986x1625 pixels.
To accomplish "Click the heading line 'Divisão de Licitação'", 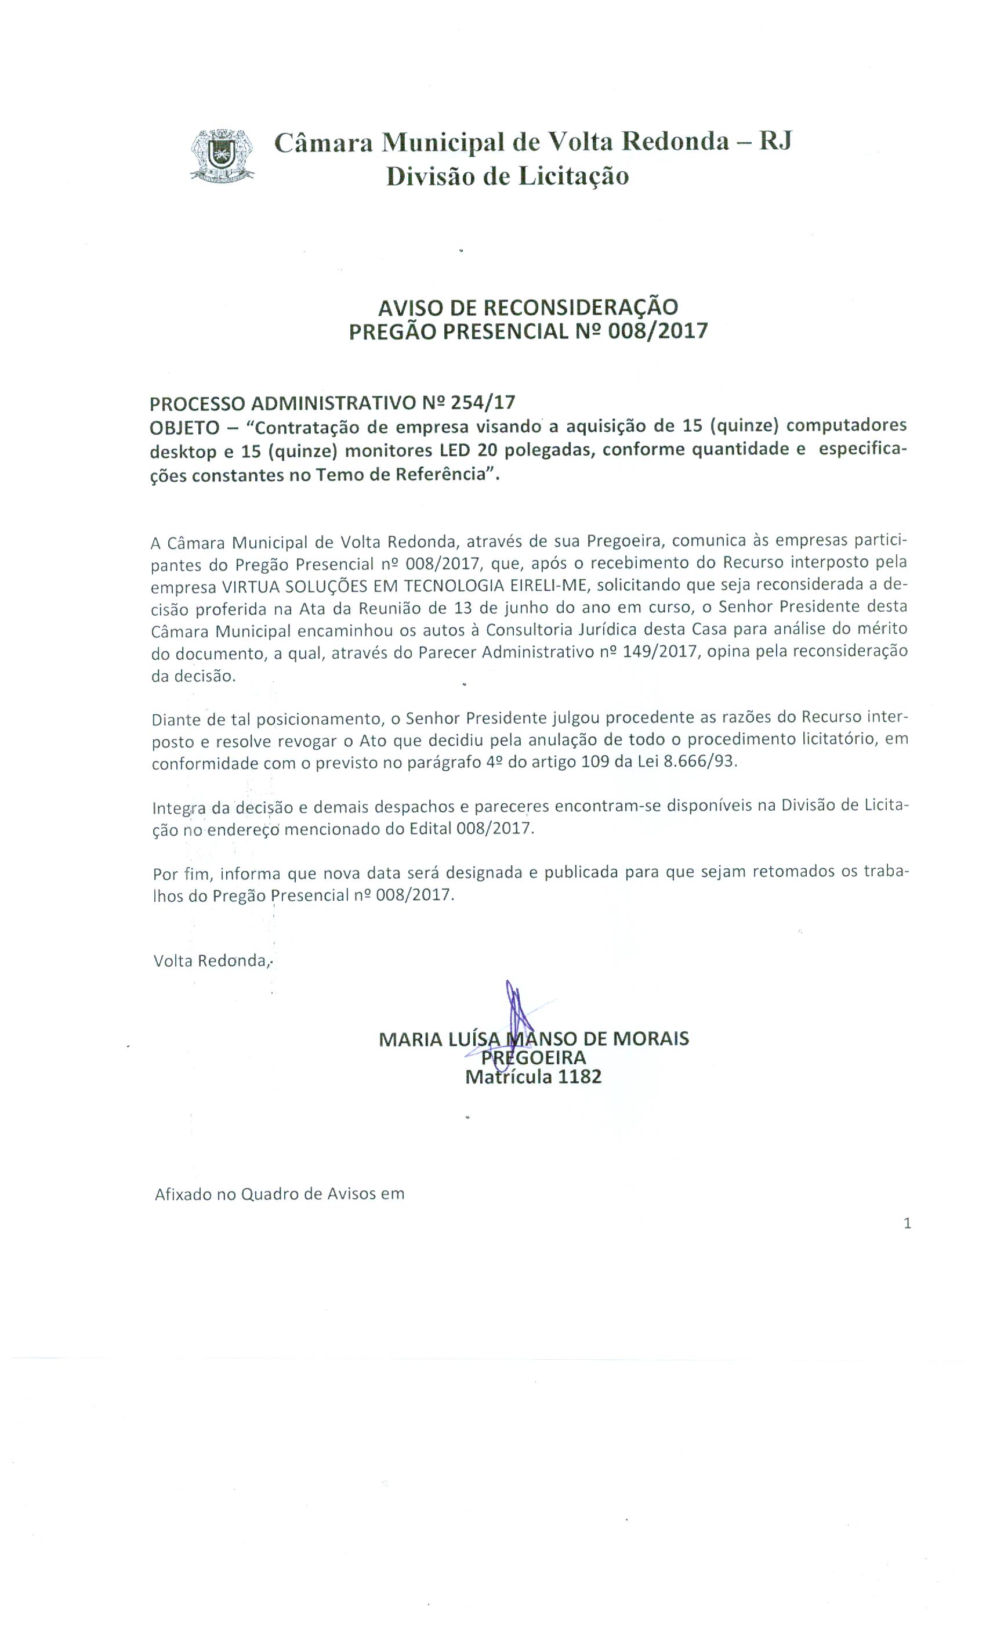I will tap(507, 176).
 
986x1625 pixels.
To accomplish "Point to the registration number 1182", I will tap(579, 1077).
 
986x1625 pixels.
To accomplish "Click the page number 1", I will tap(908, 1223).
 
